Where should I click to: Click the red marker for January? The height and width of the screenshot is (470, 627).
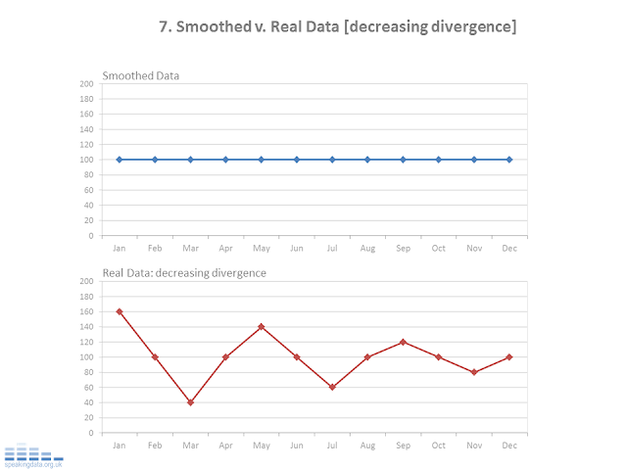pos(120,311)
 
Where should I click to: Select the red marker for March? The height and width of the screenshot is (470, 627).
pos(190,402)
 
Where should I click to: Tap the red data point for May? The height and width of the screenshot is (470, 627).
pos(261,327)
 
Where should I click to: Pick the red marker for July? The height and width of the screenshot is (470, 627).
pos(332,387)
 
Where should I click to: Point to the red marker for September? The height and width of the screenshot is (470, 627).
pos(403,342)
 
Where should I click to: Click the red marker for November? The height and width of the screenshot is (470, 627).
pos(474,372)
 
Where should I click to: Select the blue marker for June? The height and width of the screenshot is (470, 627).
pos(297,160)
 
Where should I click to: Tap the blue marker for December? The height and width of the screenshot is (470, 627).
pos(509,160)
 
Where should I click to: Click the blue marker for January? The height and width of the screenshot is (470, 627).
pos(120,160)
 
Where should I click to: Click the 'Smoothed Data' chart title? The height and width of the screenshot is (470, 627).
pos(141,75)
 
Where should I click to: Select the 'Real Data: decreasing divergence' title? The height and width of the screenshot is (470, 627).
pos(184,272)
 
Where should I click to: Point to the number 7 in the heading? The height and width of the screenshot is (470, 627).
pos(164,27)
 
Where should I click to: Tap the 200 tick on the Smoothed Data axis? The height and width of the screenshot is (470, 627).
pos(86,84)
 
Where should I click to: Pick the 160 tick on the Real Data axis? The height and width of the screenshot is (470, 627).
pos(86,311)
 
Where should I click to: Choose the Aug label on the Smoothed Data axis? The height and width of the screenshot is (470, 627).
pos(367,248)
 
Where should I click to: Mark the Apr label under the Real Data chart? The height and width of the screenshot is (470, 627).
pos(225,446)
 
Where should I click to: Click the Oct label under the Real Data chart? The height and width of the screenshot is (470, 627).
pos(438,446)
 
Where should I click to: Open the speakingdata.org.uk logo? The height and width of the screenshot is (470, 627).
pos(33,456)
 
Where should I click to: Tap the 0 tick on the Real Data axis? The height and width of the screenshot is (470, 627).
pos(90,433)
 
